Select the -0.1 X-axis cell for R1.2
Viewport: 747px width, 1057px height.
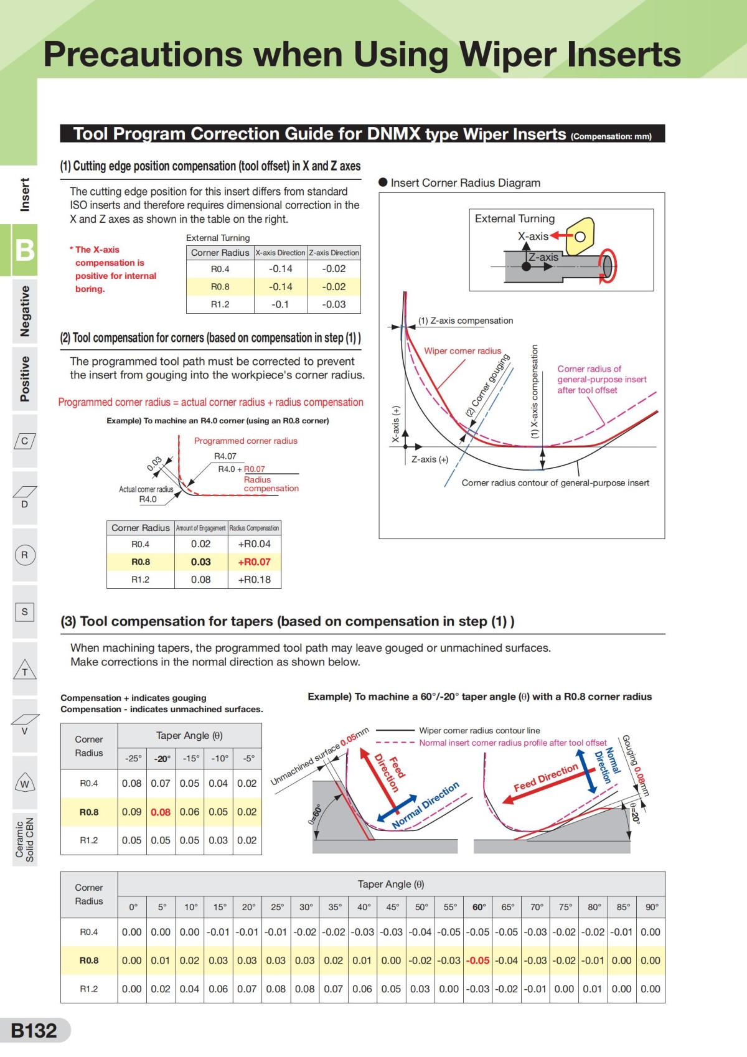tap(280, 304)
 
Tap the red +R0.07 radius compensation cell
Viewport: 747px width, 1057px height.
tap(255, 561)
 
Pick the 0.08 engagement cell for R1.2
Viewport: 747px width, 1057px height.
tap(200, 580)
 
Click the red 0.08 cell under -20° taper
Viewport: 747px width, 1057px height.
tap(161, 812)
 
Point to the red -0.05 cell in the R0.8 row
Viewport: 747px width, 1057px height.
tap(478, 960)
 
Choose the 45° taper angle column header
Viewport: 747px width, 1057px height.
tap(392, 907)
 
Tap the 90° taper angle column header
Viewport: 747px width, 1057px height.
tap(651, 907)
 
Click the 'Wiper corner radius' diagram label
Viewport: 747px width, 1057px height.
tap(463, 351)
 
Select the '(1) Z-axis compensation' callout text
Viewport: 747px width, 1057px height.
tap(466, 321)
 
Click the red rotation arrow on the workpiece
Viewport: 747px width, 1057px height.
tap(606, 266)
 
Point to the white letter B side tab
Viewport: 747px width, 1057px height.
tap(24, 250)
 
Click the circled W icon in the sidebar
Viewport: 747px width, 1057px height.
tap(24, 784)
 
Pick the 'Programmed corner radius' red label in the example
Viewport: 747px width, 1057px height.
tap(245, 441)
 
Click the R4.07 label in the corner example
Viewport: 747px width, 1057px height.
tap(225, 456)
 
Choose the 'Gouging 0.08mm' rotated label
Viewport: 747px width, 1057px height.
tap(635, 764)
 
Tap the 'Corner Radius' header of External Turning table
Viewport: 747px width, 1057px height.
tap(220, 253)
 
